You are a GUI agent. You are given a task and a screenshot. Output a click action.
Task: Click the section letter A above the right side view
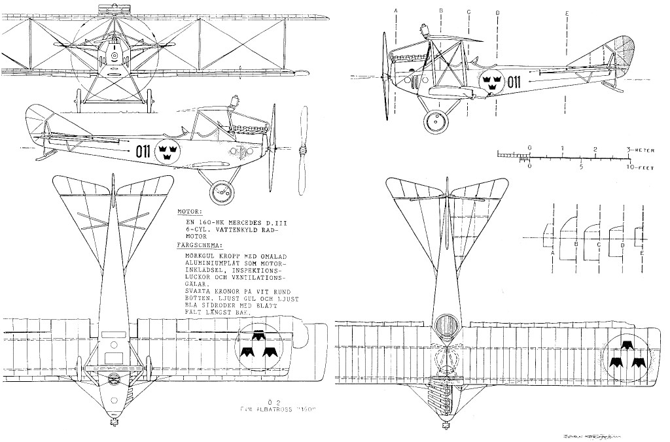click(x=397, y=11)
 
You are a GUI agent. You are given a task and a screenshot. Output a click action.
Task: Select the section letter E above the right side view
click(x=567, y=13)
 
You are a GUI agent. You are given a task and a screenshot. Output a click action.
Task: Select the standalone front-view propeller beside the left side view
click(x=302, y=151)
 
